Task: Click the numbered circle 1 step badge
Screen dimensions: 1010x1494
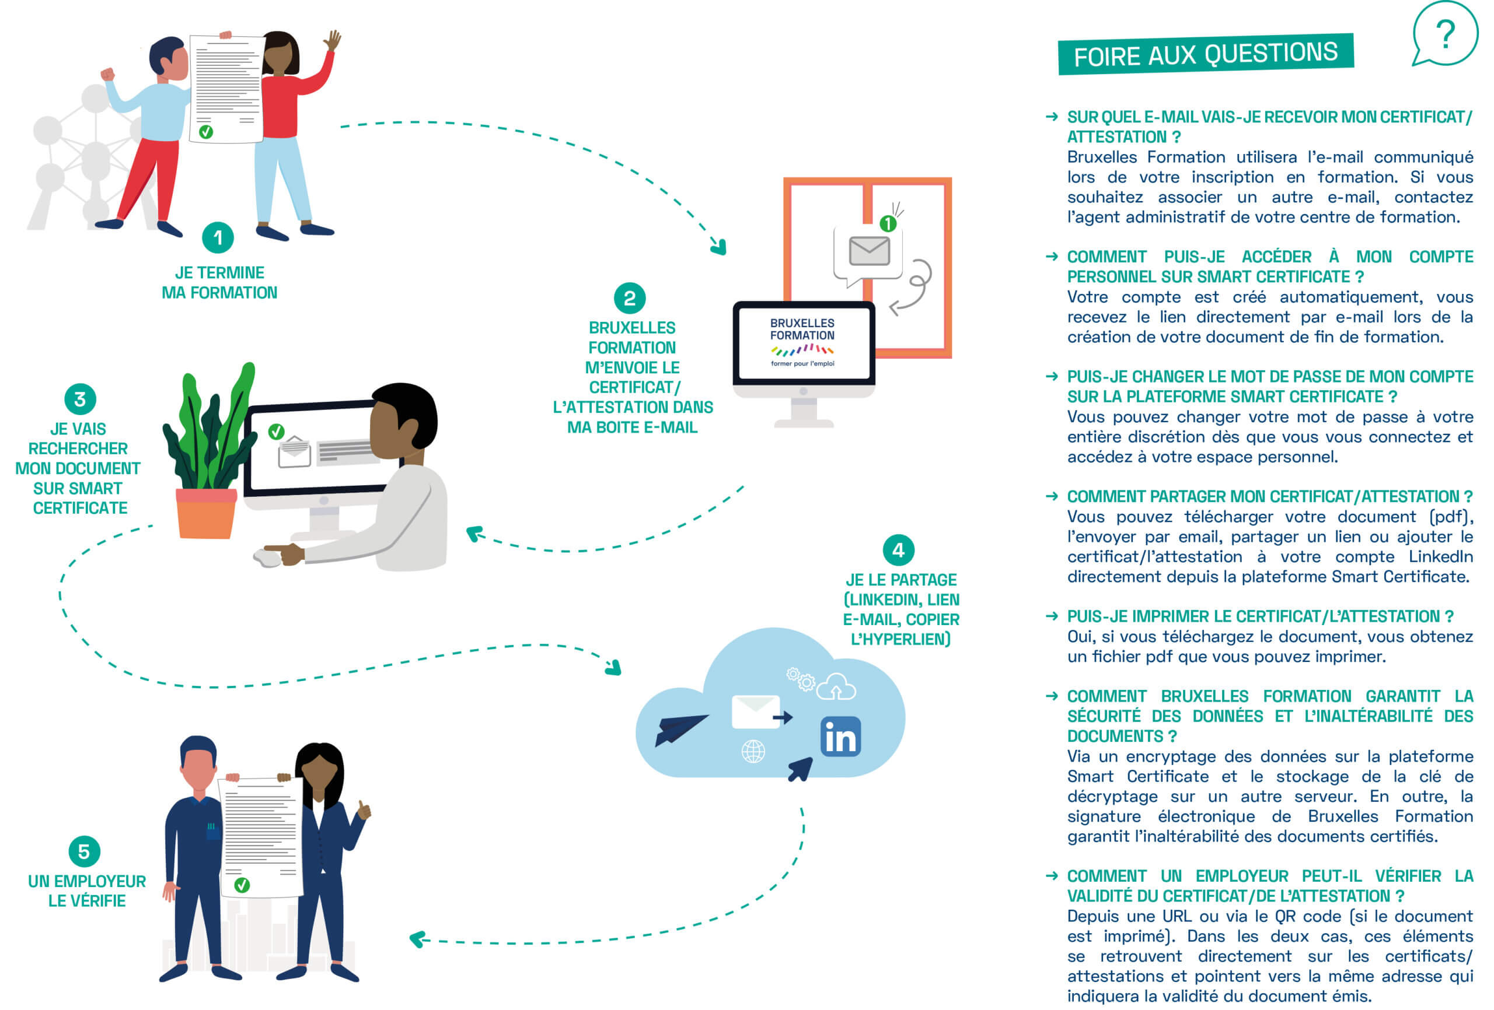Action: (218, 238)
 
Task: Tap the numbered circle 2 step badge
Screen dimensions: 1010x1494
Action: (629, 298)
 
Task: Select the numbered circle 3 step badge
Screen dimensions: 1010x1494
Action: (81, 399)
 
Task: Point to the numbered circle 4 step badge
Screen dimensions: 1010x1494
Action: (898, 550)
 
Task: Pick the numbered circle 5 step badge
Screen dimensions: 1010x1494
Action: (84, 852)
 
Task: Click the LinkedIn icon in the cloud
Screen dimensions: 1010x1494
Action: (840, 737)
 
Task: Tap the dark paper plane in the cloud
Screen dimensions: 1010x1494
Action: (679, 730)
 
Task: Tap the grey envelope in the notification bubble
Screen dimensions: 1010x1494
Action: (869, 251)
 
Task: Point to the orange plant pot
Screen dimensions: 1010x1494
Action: (205, 513)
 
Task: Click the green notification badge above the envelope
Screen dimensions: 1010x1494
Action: (888, 223)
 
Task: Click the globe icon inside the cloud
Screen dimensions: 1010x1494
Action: (753, 751)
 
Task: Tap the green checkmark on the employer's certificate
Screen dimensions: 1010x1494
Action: (242, 885)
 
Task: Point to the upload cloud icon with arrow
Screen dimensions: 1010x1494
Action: (836, 687)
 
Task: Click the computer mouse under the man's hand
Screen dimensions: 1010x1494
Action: (268, 557)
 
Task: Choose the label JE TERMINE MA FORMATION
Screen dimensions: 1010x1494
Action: (219, 283)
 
